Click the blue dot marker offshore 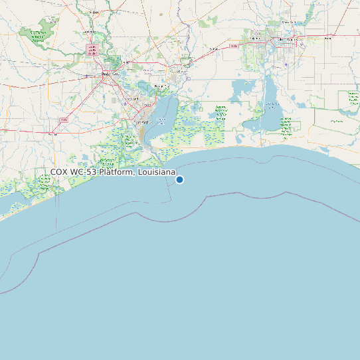[179, 179]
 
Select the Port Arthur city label [141, 122]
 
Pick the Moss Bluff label [287, 22]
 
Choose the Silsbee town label [93, 12]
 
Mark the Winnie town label [52, 133]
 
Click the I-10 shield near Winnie [64, 120]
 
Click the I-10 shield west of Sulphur [232, 46]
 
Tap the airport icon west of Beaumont [86, 76]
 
